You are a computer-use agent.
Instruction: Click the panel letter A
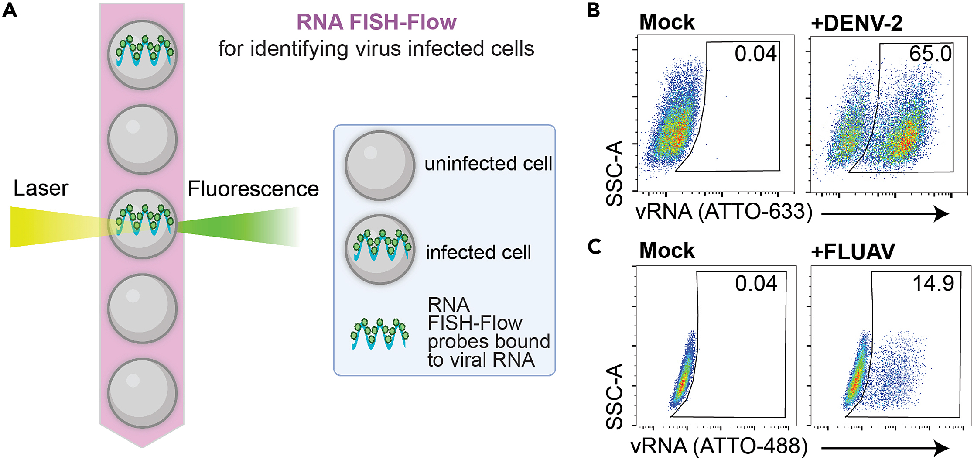coord(10,10)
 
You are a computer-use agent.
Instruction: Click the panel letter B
coord(594,10)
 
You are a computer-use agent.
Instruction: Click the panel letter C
coord(594,247)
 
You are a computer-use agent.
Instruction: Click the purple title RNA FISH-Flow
coord(376,22)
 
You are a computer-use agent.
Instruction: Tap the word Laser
coord(41,189)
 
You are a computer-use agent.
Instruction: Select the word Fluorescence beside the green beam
coord(253,189)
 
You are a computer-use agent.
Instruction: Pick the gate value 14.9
coord(933,284)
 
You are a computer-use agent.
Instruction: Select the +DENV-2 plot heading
coord(856,23)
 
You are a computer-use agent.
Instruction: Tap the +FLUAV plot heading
coord(853,252)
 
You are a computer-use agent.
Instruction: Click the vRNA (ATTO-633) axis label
coord(724,212)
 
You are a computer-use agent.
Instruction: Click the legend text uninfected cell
coord(488,164)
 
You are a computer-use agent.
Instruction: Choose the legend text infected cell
coord(478,253)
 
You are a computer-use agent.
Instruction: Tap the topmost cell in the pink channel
coord(142,55)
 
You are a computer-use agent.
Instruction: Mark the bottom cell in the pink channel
coord(142,393)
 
